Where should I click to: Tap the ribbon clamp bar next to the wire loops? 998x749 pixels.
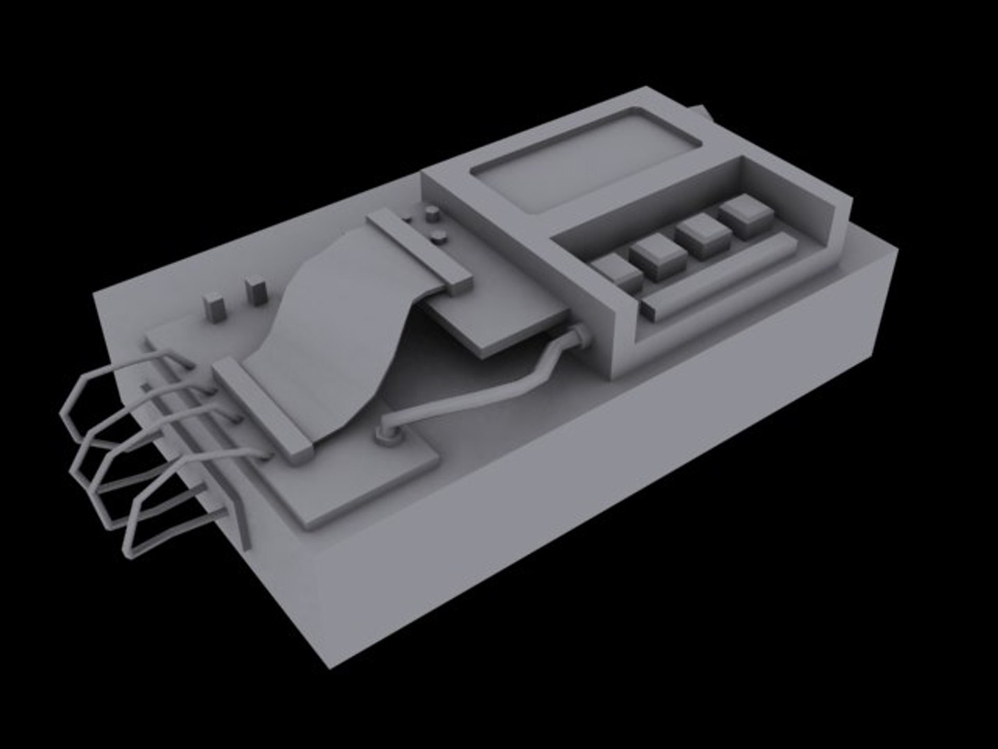click(264, 409)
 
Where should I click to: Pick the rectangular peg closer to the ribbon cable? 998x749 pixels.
click(255, 290)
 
